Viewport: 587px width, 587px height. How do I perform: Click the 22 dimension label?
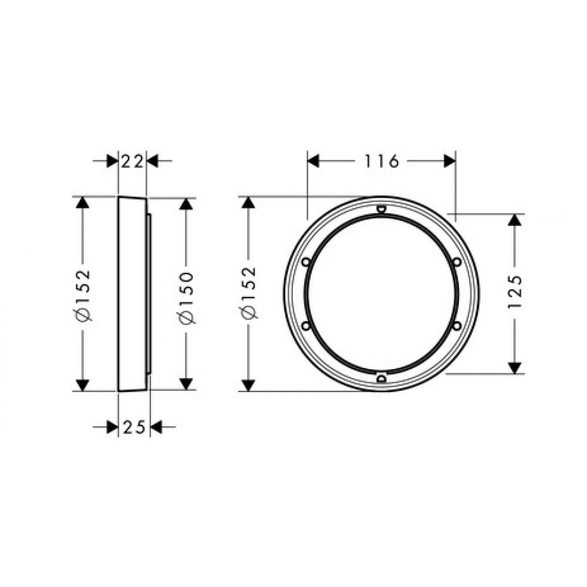pyautogui.click(x=132, y=160)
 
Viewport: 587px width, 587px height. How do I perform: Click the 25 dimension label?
pyautogui.click(x=134, y=428)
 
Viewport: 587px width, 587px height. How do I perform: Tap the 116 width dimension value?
pyautogui.click(x=381, y=160)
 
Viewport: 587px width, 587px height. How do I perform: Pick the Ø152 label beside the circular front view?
pyautogui.click(x=249, y=292)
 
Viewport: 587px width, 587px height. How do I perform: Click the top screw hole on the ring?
pyautogui.click(x=381, y=208)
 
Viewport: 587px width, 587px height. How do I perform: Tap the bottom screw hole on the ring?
pyautogui.click(x=381, y=379)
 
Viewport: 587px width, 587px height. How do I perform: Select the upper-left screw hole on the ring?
pyautogui.click(x=305, y=262)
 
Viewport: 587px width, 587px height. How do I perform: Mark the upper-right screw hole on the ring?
pyautogui.click(x=457, y=262)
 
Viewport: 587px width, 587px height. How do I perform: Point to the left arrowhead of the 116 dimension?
pyautogui.click(x=313, y=160)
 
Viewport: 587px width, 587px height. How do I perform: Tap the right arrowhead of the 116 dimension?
pyautogui.click(x=450, y=160)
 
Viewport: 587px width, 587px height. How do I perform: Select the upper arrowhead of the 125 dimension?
pyautogui.click(x=515, y=221)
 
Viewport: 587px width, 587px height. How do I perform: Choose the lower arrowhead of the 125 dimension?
pyautogui.click(x=515, y=367)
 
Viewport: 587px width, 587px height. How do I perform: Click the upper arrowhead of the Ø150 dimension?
pyautogui.click(x=187, y=205)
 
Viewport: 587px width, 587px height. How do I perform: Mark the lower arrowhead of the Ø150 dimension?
pyautogui.click(x=187, y=383)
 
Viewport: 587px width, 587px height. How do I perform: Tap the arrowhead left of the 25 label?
pyautogui.click(x=112, y=428)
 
